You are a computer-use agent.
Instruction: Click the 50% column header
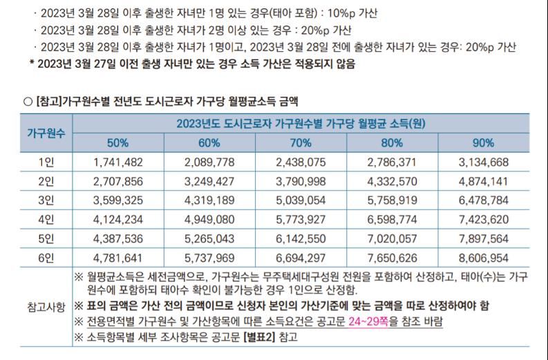117,143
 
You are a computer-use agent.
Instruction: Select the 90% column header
484,143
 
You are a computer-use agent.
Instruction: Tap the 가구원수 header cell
46,133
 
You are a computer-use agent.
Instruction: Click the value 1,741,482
117,162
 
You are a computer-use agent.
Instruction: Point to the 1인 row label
46,162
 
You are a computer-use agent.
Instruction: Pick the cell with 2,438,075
301,162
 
